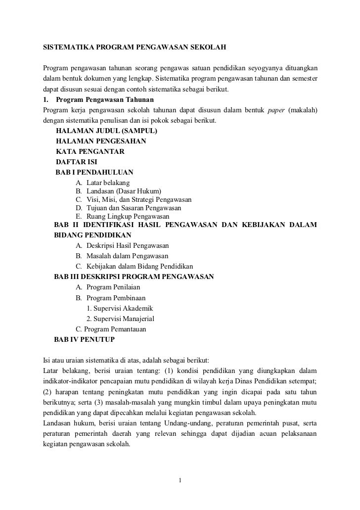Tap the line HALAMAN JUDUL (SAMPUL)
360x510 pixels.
point(107,132)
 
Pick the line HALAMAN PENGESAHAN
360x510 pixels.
point(103,141)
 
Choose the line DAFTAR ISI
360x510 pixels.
point(77,162)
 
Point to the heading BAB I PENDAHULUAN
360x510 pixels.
point(94,172)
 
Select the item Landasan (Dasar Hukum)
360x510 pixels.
point(124,191)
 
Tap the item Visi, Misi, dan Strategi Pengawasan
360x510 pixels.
point(139,200)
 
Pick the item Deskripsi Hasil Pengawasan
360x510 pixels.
point(127,245)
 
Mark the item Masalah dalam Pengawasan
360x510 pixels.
point(127,256)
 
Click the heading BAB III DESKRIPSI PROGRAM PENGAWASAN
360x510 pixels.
point(134,277)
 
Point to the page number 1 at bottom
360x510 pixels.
point(180,479)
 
